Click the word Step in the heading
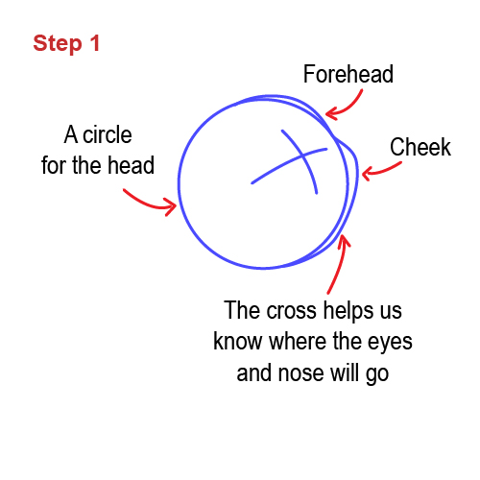pyautogui.click(x=58, y=44)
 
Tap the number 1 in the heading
pyautogui.click(x=95, y=42)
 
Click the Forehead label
pyautogui.click(x=348, y=74)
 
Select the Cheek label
pyautogui.click(x=420, y=147)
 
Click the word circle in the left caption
pyautogui.click(x=108, y=134)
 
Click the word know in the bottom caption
pyautogui.click(x=238, y=341)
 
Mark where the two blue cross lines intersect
pyautogui.click(x=302, y=156)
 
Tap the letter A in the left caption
pyautogui.click(x=71, y=134)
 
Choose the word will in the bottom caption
pyautogui.click(x=345, y=372)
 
